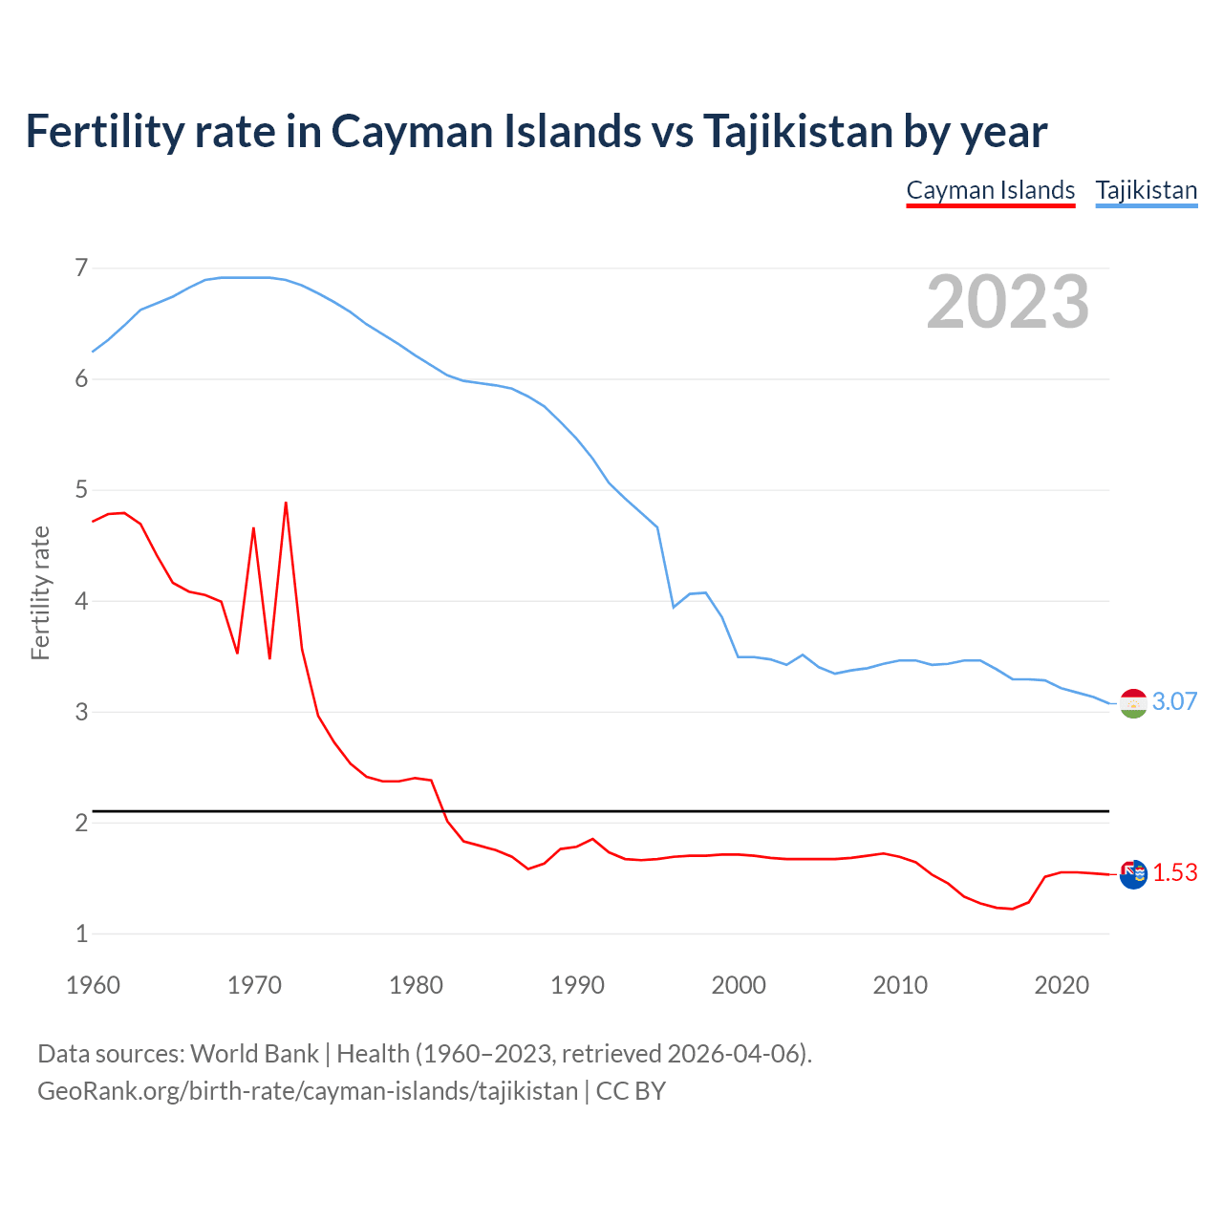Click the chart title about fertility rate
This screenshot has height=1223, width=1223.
[536, 131]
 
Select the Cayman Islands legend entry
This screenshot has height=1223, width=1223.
[990, 190]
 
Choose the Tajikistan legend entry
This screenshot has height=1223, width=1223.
[1146, 190]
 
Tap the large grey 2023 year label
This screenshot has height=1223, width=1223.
[1007, 302]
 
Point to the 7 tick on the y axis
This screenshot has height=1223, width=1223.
[81, 268]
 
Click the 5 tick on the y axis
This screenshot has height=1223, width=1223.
[81, 490]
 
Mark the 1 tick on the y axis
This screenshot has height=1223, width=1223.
[81, 933]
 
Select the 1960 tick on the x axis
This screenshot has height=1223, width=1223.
[93, 985]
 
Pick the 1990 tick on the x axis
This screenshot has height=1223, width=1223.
[577, 985]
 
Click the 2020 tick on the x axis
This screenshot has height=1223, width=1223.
[1062, 985]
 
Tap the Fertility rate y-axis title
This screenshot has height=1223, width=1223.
[40, 592]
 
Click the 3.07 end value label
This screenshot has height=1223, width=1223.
[1174, 701]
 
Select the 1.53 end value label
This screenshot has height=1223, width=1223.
[1174, 873]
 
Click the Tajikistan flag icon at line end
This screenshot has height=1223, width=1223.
[1133, 703]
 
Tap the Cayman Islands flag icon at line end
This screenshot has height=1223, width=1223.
[1133, 874]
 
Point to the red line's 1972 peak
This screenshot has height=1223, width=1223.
[286, 503]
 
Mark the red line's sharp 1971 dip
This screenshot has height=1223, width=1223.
[269, 658]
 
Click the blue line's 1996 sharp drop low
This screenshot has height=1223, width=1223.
[674, 607]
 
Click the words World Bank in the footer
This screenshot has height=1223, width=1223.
[254, 1054]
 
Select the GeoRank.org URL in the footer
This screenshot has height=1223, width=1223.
[308, 1091]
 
